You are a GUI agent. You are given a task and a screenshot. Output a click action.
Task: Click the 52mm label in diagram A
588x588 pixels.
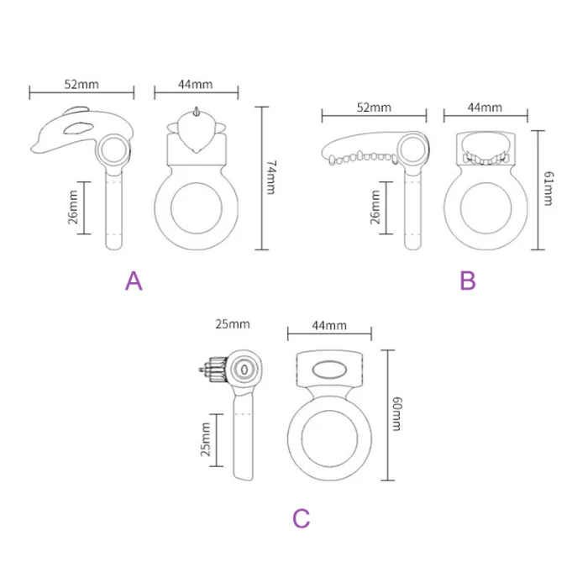coord(81,84)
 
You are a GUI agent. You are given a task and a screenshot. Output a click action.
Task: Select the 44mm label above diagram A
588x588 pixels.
coord(195,84)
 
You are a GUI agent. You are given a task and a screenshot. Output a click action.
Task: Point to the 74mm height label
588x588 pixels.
coord(270,178)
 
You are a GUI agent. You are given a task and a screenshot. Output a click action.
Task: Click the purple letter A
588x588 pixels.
coord(134,281)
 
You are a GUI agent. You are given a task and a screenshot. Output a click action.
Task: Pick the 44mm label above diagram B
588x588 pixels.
coord(484,108)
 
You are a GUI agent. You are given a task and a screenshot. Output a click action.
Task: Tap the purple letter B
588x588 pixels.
coord(468,281)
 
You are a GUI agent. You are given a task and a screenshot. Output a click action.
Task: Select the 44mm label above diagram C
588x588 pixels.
coord(328,325)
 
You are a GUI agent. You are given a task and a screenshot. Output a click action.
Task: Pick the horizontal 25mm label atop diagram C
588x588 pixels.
coord(233,323)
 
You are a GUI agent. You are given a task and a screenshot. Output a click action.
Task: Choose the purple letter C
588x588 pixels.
coord(302,518)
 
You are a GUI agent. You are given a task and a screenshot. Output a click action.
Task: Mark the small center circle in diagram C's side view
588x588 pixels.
coord(244,369)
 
